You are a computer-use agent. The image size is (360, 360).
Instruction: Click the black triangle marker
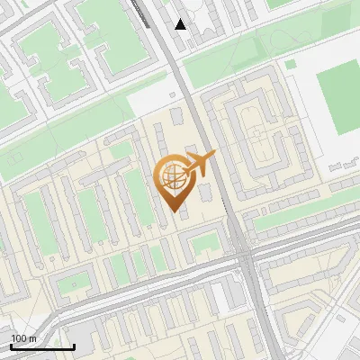point(181,24)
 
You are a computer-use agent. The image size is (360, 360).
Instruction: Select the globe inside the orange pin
point(171,176)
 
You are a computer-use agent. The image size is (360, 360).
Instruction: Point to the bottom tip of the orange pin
point(172,210)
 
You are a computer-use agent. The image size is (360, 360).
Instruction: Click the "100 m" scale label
point(23,338)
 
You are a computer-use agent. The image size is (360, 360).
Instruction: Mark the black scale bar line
point(42,346)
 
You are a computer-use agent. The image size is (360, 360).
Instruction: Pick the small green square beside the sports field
point(291,65)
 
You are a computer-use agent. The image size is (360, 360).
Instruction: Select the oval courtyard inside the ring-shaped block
point(259,144)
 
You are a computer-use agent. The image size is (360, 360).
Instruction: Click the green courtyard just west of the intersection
point(205,241)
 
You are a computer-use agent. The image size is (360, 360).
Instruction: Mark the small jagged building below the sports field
point(347,166)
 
